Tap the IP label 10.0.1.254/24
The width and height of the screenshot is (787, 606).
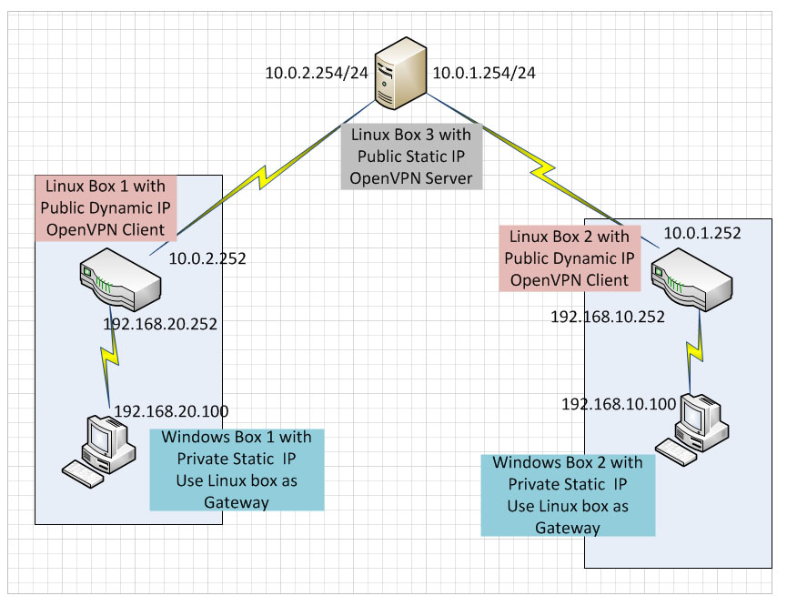coord(483,74)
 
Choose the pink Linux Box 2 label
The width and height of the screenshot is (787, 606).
coord(570,258)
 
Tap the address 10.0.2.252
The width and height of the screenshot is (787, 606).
coord(207,258)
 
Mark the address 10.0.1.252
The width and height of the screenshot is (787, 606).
coord(701,233)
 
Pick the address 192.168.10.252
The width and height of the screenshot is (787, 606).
coord(607,317)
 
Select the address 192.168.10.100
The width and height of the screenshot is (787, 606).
coord(618,403)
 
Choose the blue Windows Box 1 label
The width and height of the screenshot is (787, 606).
coord(237,469)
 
